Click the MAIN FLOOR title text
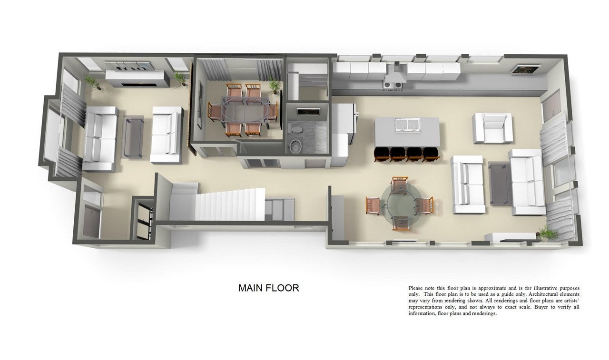point(269,288)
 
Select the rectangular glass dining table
point(246,111)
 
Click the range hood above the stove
point(395,73)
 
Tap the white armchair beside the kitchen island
point(492,128)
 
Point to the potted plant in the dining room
point(275,86)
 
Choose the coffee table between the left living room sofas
point(133,137)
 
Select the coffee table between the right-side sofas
point(500,184)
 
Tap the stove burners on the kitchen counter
point(392,85)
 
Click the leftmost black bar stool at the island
point(382,154)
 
